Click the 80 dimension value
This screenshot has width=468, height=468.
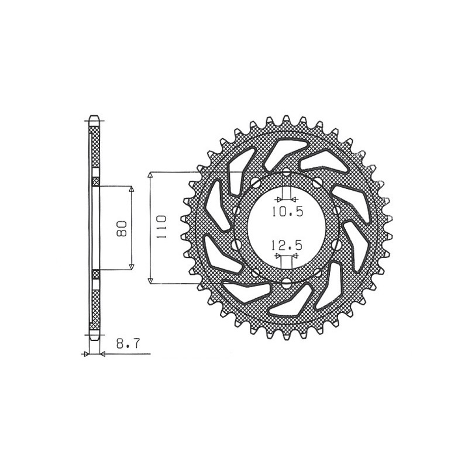point(122,228)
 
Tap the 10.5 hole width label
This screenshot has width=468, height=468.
point(287,212)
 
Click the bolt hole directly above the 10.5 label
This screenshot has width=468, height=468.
point(286,174)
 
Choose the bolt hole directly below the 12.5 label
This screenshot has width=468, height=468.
point(286,283)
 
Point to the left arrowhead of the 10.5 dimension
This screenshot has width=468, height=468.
point(278,199)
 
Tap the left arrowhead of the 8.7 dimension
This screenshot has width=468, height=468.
point(87,354)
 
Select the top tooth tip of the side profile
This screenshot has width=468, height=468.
point(94,116)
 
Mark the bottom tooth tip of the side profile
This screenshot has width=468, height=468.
point(94,338)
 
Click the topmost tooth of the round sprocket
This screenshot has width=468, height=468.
point(287,119)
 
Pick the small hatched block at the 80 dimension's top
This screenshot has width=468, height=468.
point(96,183)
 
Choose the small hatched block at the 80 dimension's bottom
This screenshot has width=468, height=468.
point(96,274)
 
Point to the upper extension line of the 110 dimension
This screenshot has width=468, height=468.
point(175,173)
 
